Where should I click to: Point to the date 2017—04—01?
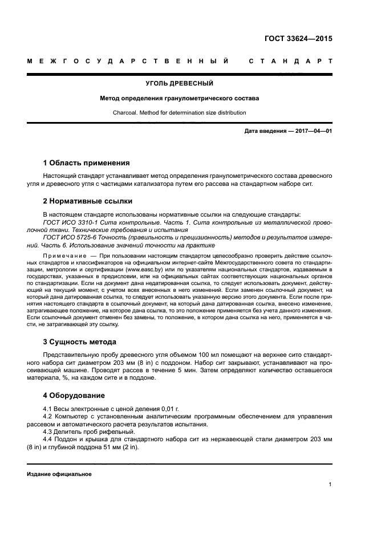pos(313,131)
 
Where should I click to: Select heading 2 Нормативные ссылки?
pos(88,201)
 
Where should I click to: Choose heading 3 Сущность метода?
pos(80,341)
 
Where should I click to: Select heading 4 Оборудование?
pos(74,395)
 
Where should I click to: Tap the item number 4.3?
pos(48,432)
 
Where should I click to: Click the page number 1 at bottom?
pos(330,485)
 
